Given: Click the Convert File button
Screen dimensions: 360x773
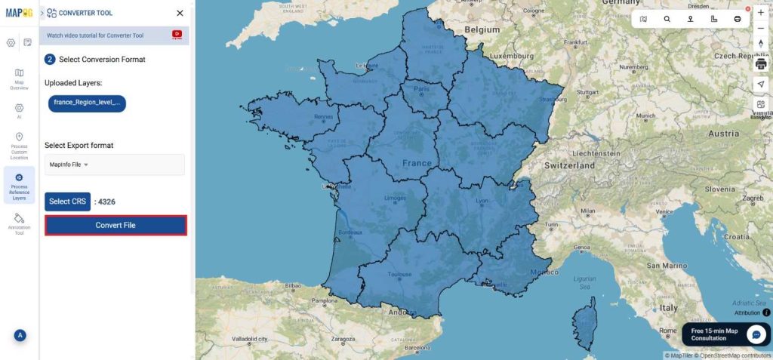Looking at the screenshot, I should tap(115, 225).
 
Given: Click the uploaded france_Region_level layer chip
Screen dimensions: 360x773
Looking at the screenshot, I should tap(87, 102).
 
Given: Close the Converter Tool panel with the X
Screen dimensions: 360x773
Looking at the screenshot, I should tap(180, 13).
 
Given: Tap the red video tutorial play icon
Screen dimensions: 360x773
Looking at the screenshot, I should tap(177, 34).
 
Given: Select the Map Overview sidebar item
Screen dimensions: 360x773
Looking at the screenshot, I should tap(19, 78).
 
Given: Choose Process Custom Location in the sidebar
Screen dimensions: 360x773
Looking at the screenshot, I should tap(19, 146).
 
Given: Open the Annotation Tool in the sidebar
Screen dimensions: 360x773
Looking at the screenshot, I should tap(19, 223).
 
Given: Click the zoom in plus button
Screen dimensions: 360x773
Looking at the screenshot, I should tap(760, 13).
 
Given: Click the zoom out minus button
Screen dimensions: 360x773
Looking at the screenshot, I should tap(760, 28).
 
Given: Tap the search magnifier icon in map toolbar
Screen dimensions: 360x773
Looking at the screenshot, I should tap(667, 19).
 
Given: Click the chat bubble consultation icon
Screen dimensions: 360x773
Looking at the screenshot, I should tap(756, 334).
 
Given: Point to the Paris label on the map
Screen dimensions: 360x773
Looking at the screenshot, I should tap(421, 88).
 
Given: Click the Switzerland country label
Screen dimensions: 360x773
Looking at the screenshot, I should tap(571, 165).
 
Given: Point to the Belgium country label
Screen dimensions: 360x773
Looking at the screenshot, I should tap(482, 29).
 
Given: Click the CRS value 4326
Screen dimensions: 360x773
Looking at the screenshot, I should tap(107, 202).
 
